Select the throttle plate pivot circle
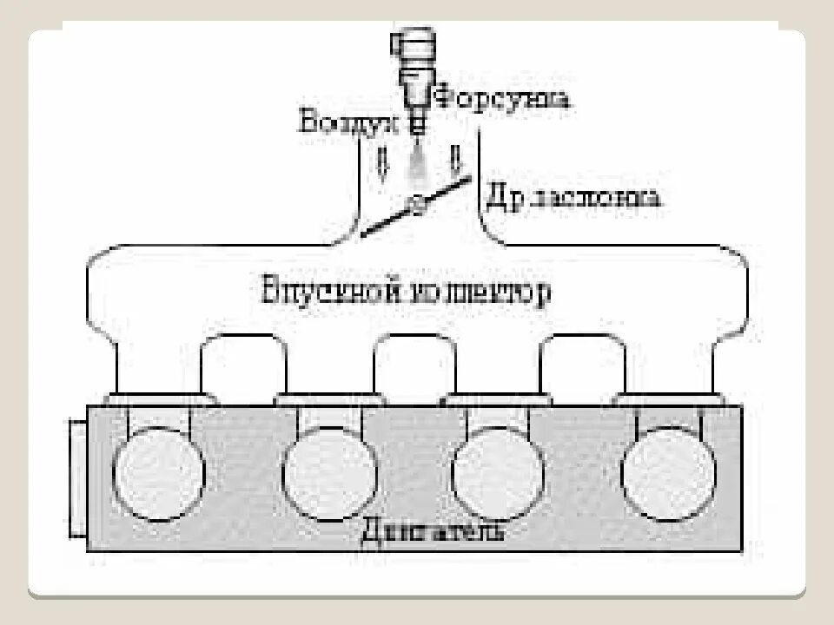point(418,205)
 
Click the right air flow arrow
point(454,162)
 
